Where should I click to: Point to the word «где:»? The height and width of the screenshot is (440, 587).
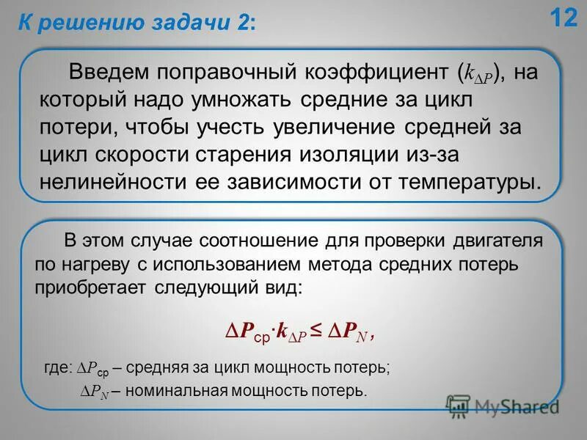coord(59,369)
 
